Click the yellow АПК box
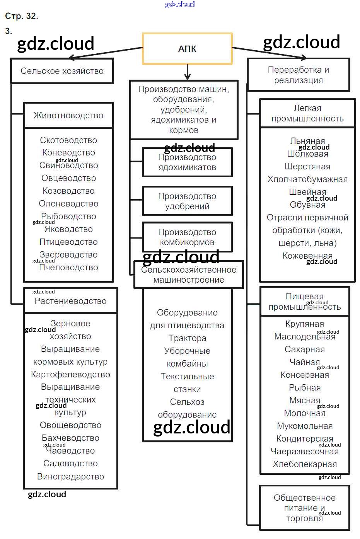click(x=187, y=48)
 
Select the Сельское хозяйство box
click(x=62, y=71)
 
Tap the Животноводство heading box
click(x=68, y=115)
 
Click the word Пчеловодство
click(x=68, y=267)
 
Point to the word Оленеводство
click(x=68, y=203)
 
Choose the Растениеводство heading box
click(x=70, y=301)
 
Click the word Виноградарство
click(x=70, y=476)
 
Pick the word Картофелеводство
click(x=70, y=374)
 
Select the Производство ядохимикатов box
click(x=187, y=162)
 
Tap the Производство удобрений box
click(x=187, y=201)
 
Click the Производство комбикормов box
click(x=187, y=237)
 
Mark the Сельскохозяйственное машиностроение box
click(x=189, y=275)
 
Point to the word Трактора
click(x=187, y=338)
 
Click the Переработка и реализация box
click(x=298, y=75)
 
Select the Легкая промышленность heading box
click(x=307, y=113)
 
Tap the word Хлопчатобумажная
click(x=307, y=179)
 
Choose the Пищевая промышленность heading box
click(x=305, y=302)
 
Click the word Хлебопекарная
click(x=305, y=464)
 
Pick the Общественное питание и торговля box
click(x=305, y=508)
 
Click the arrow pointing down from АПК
click(x=187, y=72)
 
